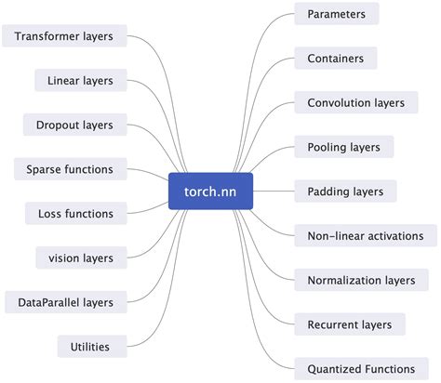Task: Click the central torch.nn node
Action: click(x=210, y=191)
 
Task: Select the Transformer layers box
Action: click(x=64, y=36)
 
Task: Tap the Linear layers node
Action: click(x=80, y=81)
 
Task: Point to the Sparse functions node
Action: click(x=70, y=169)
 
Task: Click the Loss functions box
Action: click(x=76, y=214)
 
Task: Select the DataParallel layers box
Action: click(x=64, y=302)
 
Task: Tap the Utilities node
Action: click(x=90, y=347)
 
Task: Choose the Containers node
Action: click(x=336, y=59)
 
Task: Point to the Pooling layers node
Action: click(x=343, y=147)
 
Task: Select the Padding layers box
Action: click(x=345, y=191)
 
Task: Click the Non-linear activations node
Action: click(x=365, y=236)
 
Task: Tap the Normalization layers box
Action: click(x=361, y=280)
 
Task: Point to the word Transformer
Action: click(x=47, y=36)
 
